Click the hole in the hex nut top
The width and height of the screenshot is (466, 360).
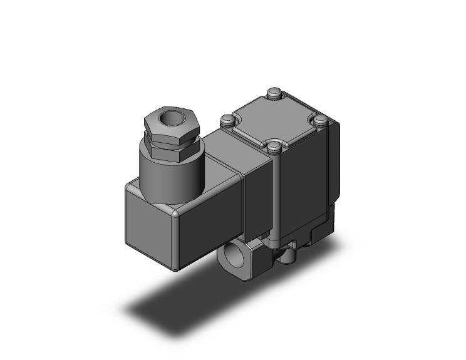pyautogui.click(x=168, y=116)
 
